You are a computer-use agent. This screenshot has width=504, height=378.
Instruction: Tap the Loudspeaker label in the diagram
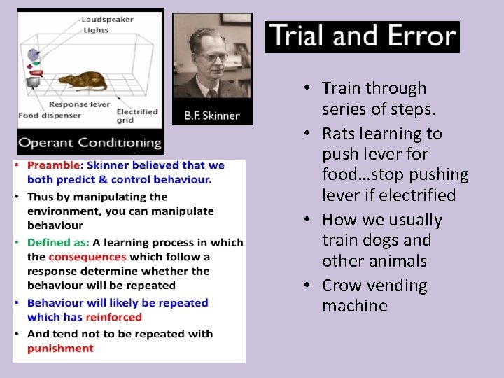click(107, 20)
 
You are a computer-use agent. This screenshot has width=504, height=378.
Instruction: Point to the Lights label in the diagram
click(95, 30)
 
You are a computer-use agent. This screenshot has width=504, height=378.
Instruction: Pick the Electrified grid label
click(136, 115)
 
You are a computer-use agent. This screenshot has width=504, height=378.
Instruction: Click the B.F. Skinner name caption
click(212, 115)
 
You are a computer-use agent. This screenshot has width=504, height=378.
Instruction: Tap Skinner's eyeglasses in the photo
click(209, 56)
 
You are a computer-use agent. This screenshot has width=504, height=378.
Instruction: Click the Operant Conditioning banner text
click(90, 143)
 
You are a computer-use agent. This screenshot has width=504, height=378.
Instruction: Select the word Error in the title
click(414, 36)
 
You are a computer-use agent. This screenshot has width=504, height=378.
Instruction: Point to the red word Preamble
click(55, 165)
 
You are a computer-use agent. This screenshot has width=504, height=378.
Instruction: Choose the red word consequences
click(87, 257)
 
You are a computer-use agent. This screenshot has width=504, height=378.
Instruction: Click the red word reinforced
click(113, 317)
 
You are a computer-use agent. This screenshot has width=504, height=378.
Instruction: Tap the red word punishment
click(60, 348)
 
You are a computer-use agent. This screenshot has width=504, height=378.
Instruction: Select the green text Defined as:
click(58, 242)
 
